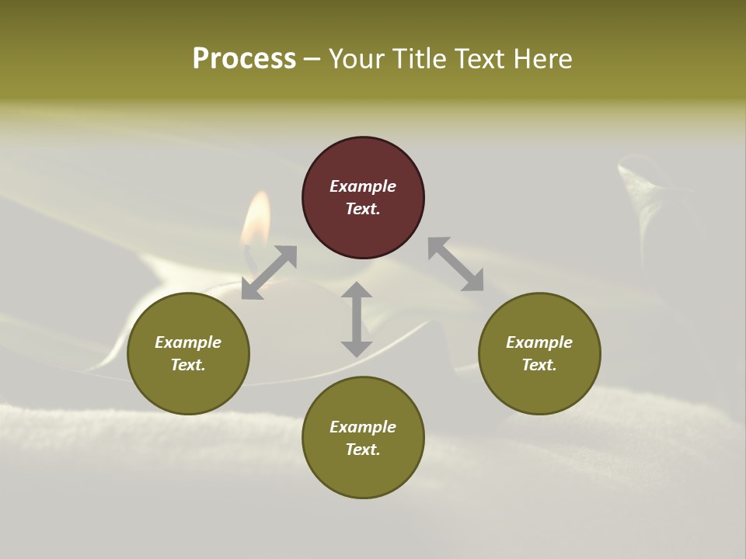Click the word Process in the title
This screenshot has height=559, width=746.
click(x=244, y=59)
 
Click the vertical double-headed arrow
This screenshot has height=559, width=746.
click(x=357, y=319)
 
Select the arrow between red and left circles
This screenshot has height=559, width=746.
click(x=269, y=273)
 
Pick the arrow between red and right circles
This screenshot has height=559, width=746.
click(x=455, y=264)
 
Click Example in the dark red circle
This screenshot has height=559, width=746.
click(x=363, y=186)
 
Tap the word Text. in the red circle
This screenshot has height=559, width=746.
click(x=363, y=209)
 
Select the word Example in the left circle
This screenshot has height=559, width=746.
click(x=188, y=342)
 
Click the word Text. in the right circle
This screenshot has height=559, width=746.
click(x=539, y=365)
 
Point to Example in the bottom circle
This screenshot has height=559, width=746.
click(x=363, y=427)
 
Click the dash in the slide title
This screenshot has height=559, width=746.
click(x=312, y=59)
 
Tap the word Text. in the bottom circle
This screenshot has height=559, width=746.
click(x=363, y=450)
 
